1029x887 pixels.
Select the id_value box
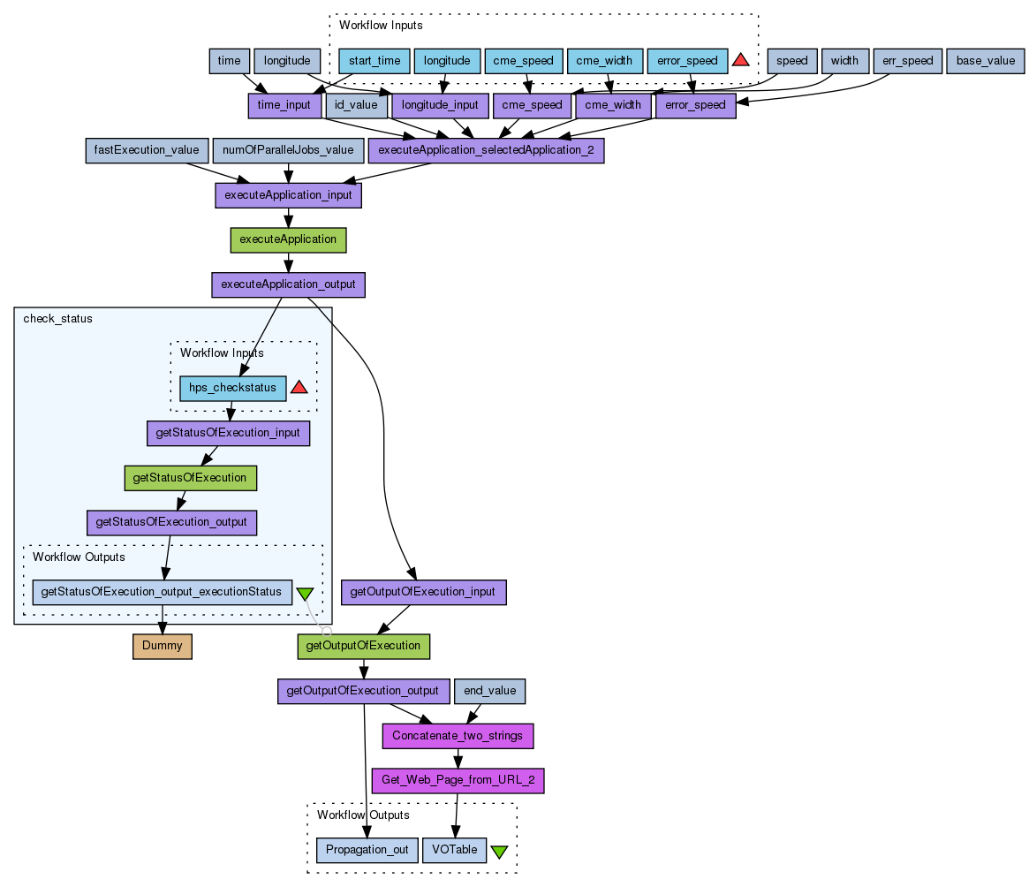[x=357, y=105]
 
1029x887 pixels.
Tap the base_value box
[x=985, y=61]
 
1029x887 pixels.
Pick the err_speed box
[x=907, y=61]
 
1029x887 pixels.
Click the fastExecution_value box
[x=147, y=150]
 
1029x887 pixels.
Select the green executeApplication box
[x=288, y=239]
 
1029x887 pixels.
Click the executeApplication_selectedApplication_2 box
[x=486, y=150]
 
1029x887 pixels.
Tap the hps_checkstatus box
[x=233, y=388]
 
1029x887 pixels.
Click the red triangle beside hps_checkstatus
[x=299, y=387]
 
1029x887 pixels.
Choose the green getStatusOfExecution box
[x=189, y=478]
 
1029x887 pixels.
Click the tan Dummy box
[x=163, y=646]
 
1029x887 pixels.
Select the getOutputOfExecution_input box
[x=424, y=592]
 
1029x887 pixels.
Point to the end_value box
[x=490, y=691]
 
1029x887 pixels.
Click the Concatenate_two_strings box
[x=458, y=735]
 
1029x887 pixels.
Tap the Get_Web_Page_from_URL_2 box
[x=458, y=780]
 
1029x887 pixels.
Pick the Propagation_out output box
[x=367, y=850]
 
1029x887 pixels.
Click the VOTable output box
[x=454, y=850]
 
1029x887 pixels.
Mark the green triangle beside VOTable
[x=499, y=852]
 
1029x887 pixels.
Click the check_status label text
[x=57, y=319]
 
